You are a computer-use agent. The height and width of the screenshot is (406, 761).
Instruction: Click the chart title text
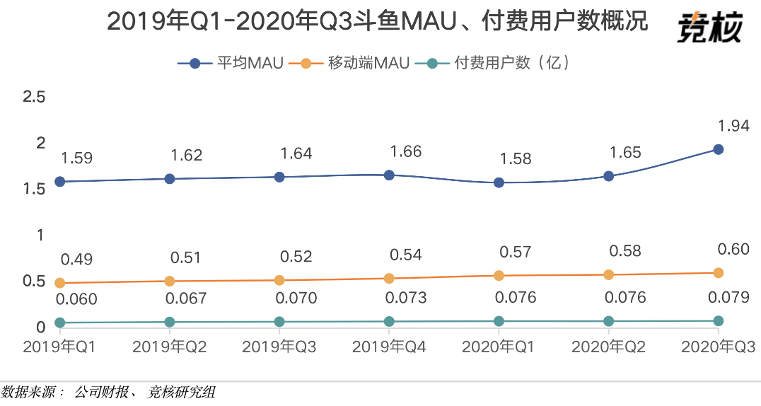[377, 23]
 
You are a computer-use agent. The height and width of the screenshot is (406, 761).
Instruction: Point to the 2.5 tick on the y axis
[34, 97]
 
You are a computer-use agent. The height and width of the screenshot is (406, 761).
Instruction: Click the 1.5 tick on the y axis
[34, 189]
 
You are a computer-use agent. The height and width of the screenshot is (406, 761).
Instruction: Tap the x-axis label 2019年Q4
[389, 347]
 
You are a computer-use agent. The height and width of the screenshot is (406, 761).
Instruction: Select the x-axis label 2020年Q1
[499, 347]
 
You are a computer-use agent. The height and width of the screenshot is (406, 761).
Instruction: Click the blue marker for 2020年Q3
[718, 149]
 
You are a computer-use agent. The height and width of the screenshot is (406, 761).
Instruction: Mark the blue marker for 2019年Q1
[60, 182]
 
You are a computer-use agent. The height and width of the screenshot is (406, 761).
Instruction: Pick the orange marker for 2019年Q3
[279, 280]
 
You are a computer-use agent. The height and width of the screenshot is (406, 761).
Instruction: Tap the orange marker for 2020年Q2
[608, 274]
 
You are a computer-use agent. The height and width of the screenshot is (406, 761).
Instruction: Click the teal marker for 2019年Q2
[170, 322]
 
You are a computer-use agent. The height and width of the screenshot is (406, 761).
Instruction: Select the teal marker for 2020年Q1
[499, 321]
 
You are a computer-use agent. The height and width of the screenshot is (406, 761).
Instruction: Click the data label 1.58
[515, 158]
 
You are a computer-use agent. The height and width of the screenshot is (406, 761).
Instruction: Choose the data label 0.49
[76, 260]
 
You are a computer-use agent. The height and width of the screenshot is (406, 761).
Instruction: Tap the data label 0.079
[729, 298]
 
